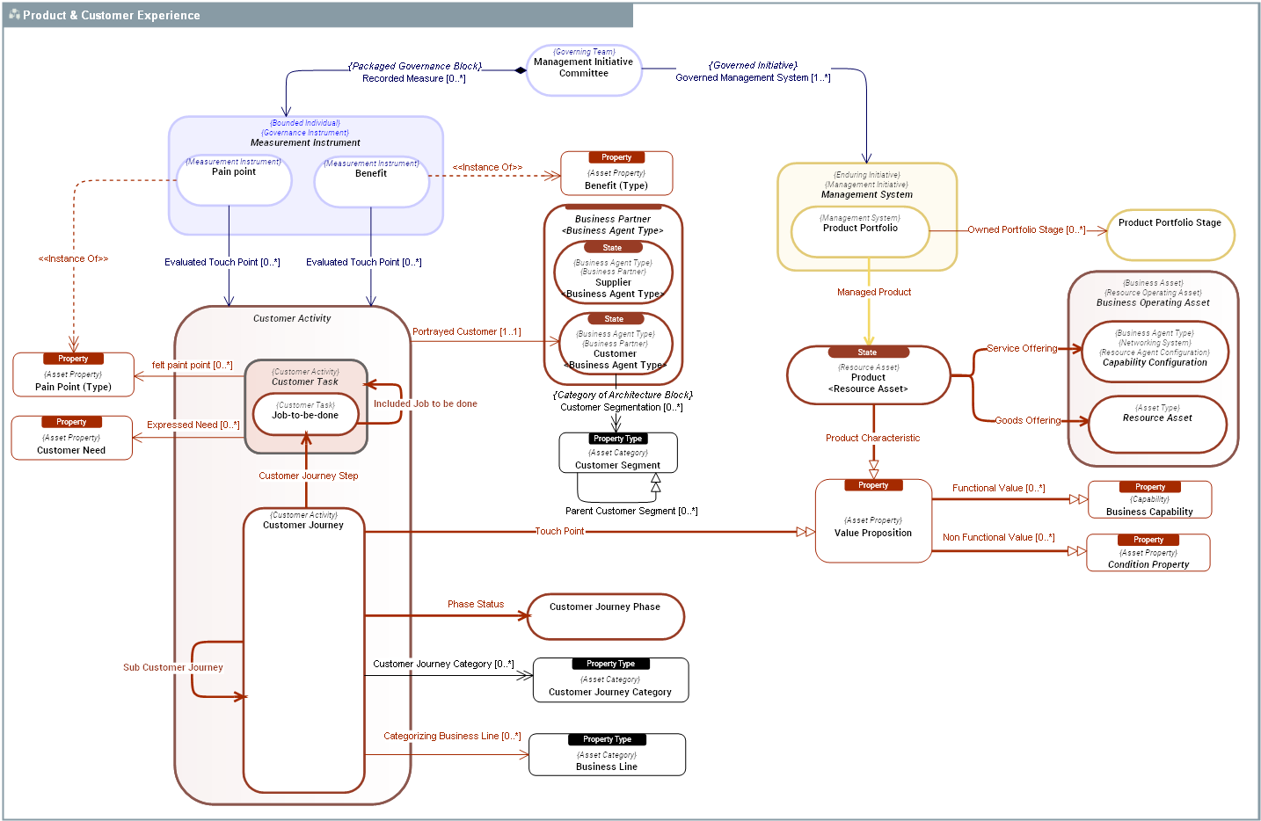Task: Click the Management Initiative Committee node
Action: [x=584, y=69]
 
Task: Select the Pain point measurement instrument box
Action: [x=234, y=180]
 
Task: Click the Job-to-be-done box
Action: [x=305, y=414]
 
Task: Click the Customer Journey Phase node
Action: [x=605, y=617]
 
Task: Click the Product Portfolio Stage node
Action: [x=1170, y=235]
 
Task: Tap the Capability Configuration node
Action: [x=1155, y=352]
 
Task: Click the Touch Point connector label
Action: [x=560, y=531]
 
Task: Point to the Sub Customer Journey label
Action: [x=173, y=667]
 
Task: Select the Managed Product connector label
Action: [x=874, y=292]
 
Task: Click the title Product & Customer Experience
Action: [x=112, y=15]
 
